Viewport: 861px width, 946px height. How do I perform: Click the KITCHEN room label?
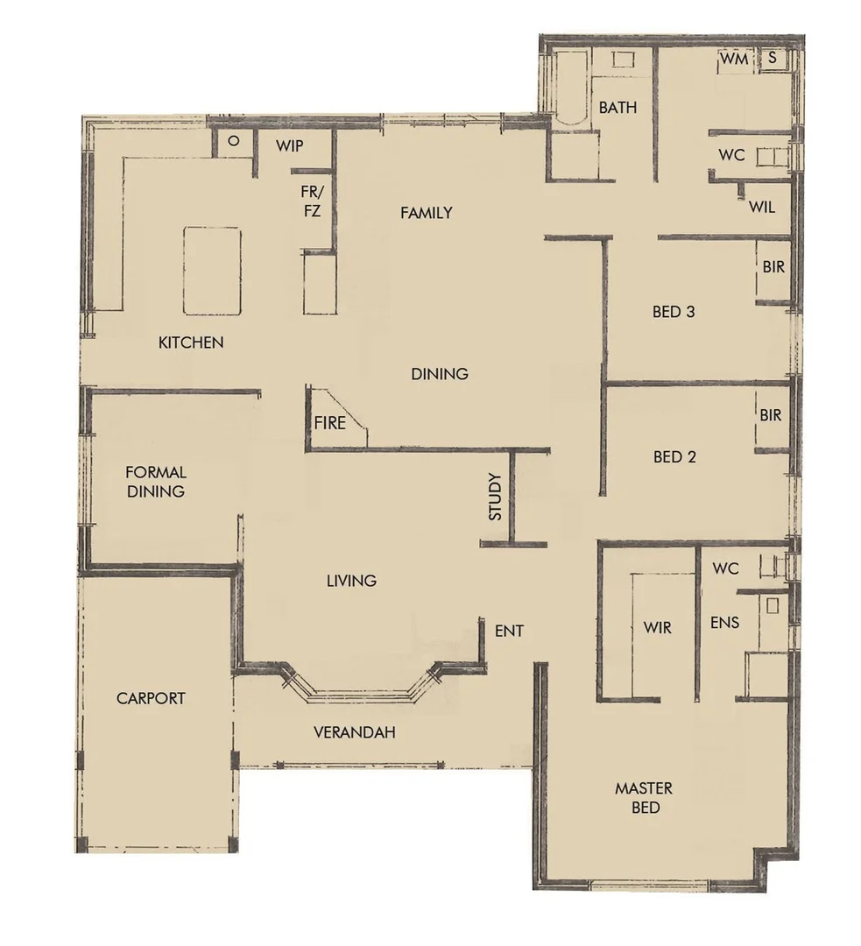[x=190, y=342]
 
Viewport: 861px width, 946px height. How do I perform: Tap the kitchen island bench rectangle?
[x=212, y=270]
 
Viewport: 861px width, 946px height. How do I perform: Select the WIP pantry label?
[x=289, y=146]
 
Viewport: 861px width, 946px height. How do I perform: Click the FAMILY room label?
[x=426, y=212]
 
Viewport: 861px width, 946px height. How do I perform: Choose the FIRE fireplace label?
[x=330, y=423]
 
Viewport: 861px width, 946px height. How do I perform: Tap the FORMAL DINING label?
[x=156, y=482]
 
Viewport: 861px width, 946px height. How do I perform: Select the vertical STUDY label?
[x=495, y=497]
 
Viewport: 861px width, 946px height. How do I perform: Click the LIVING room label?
[x=351, y=580]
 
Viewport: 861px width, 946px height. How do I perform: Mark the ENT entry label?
[x=509, y=631]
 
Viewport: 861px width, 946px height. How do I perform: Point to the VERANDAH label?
[x=354, y=731]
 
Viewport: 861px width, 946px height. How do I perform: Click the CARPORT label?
[x=151, y=698]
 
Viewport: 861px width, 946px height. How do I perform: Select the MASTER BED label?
[x=644, y=797]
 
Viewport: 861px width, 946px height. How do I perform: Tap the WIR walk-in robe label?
[x=657, y=628]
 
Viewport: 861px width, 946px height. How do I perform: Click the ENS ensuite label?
[x=725, y=623]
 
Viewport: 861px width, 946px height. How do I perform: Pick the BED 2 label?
[x=674, y=456]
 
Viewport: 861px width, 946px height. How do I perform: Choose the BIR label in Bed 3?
[x=773, y=267]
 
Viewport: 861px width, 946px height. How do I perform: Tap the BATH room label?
[x=618, y=108]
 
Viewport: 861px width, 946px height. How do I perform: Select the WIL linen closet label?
[x=761, y=208]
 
